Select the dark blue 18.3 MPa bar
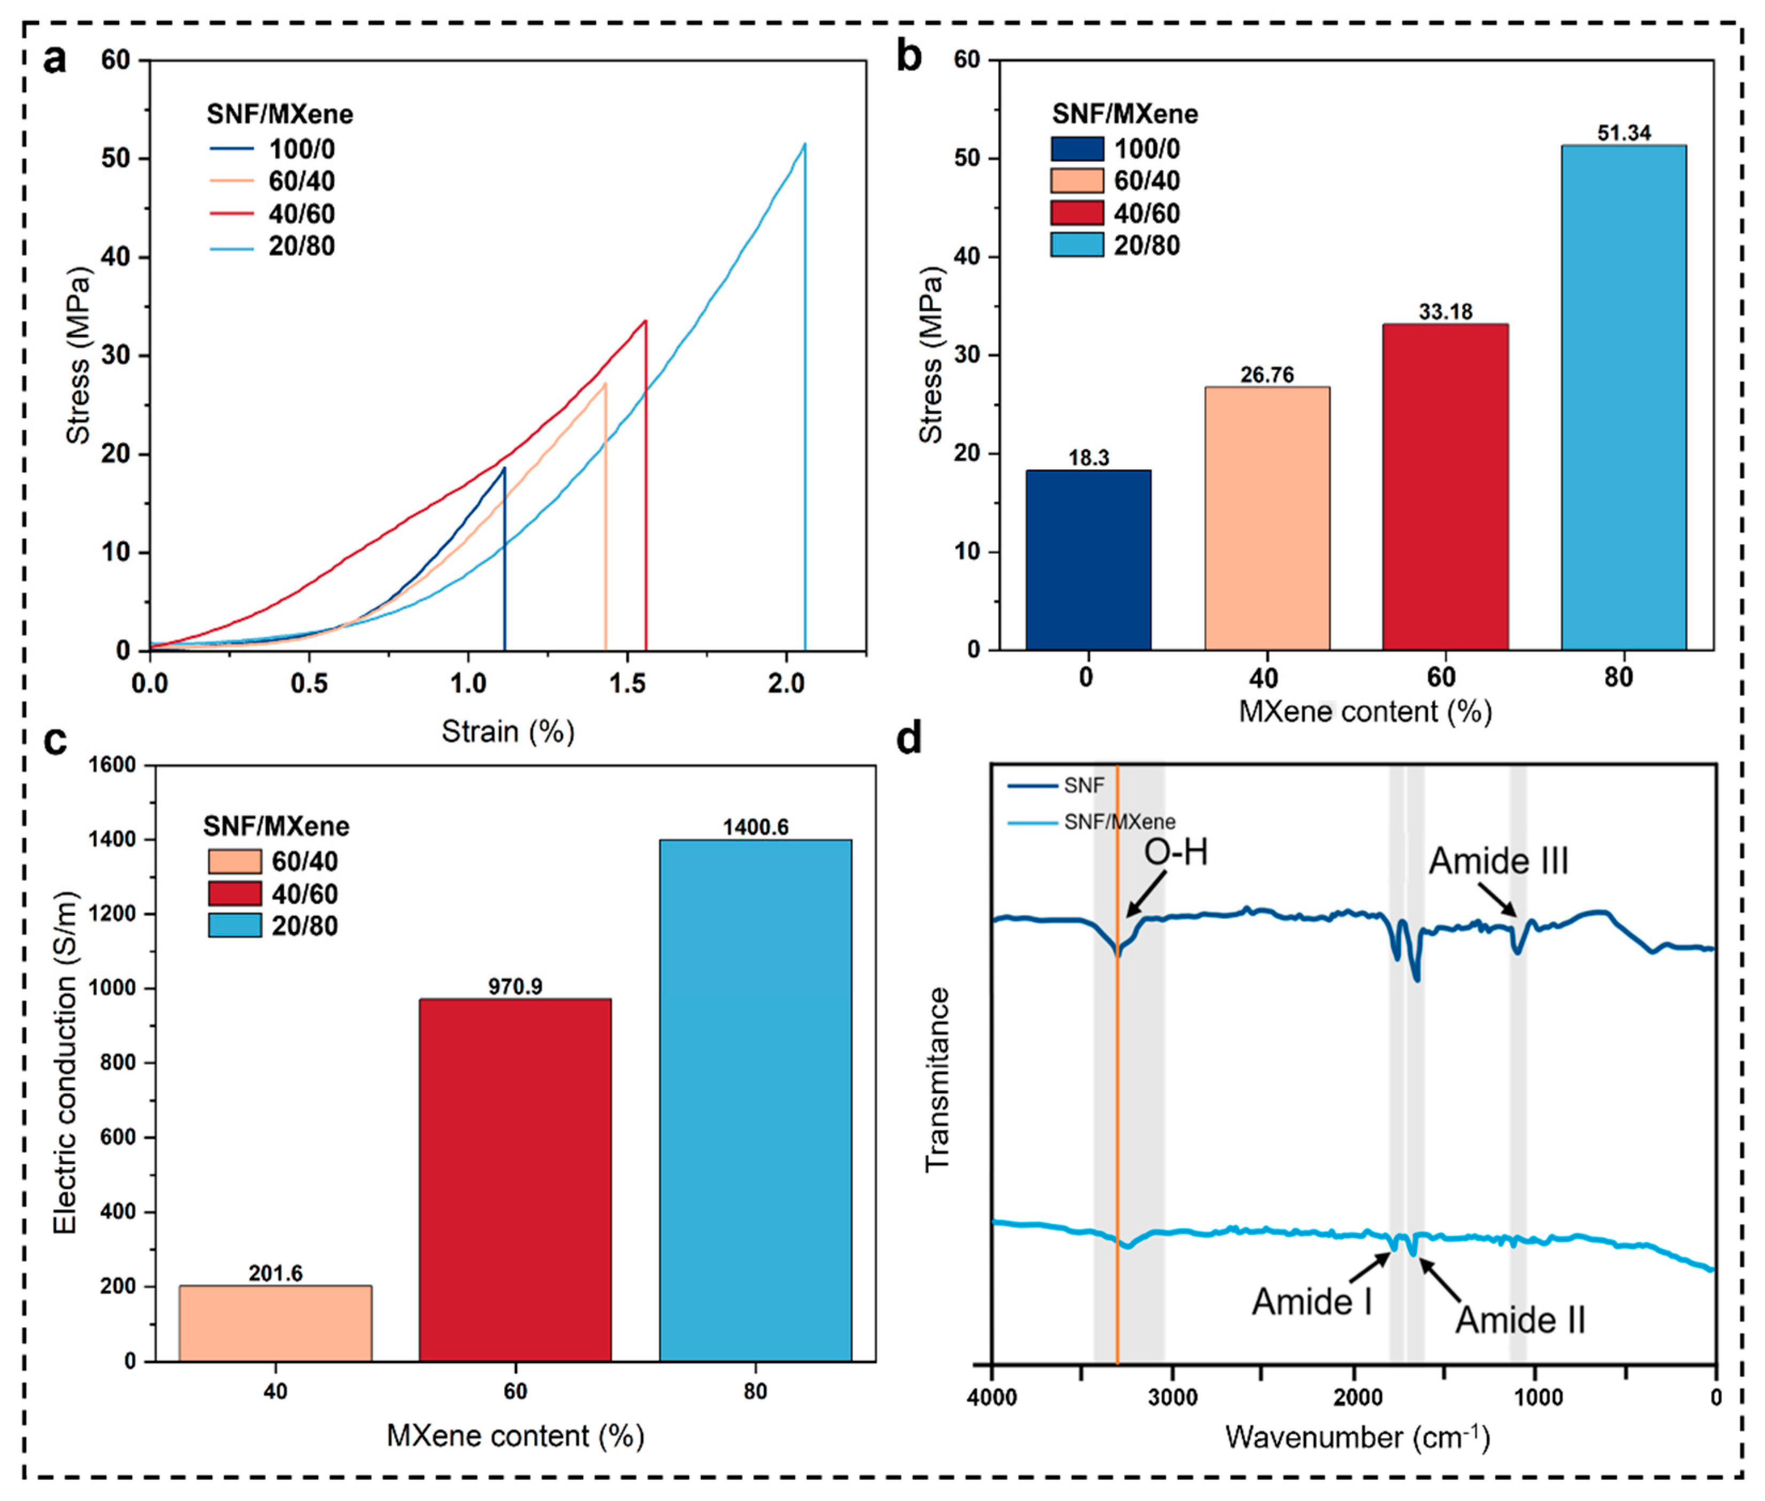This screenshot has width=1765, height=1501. pyautogui.click(x=1088, y=560)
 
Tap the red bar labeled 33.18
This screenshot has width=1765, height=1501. pyautogui.click(x=1445, y=487)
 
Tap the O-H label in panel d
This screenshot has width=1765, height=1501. pyautogui.click(x=1176, y=852)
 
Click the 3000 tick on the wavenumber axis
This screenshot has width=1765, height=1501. pyautogui.click(x=1173, y=1397)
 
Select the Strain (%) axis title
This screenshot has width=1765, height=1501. pyautogui.click(x=508, y=731)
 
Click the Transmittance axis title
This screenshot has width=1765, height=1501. pyautogui.click(x=937, y=1079)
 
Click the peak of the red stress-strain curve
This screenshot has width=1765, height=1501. pyautogui.click(x=646, y=321)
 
